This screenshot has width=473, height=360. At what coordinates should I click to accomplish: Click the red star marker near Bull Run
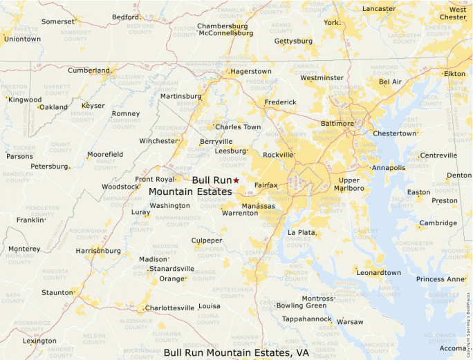pos(236,180)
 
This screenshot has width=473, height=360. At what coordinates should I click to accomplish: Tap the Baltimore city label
pos(336,124)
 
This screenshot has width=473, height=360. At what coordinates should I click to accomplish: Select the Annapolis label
pos(388,168)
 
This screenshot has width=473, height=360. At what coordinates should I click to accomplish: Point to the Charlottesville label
pos(169,308)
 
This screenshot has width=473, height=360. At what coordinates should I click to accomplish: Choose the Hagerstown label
pos(251,71)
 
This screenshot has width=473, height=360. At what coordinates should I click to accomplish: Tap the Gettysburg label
pos(293,41)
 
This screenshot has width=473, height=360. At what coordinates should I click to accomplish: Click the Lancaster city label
pos(379,9)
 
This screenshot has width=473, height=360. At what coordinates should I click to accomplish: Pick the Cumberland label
pos(89,70)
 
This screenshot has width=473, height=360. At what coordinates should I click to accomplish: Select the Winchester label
pos(158,141)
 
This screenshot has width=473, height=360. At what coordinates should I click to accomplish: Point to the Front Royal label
pos(155,180)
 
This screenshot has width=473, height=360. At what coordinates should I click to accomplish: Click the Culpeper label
pos(207,240)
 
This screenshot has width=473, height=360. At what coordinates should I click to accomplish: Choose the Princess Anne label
pos(441,279)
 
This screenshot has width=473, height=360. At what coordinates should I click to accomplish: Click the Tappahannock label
pos(306,319)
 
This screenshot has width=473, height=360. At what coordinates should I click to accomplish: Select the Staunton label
pos(57,294)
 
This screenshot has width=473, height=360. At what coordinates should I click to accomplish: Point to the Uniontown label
pos(22,39)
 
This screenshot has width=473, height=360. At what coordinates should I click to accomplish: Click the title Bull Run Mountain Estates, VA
pos(236,352)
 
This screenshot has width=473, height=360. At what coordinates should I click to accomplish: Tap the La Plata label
pos(302,233)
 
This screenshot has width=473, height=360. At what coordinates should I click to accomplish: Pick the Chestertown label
pos(395,133)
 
